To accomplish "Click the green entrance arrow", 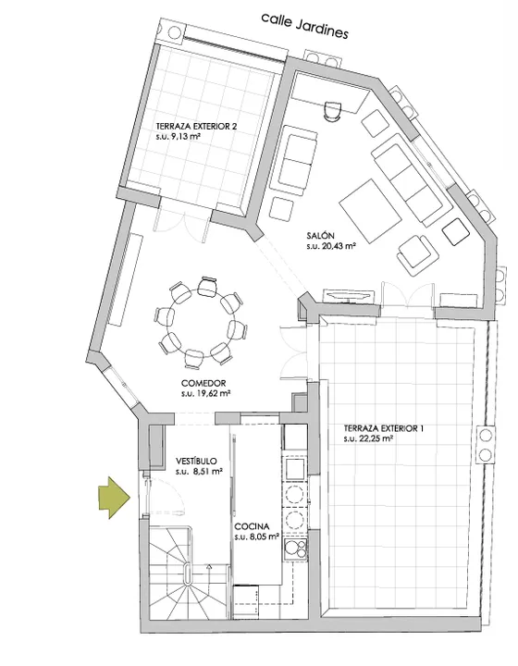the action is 114,498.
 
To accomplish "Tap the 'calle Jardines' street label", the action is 304,26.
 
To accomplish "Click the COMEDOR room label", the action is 203,383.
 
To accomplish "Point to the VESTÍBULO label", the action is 196,462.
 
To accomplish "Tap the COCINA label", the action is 252,527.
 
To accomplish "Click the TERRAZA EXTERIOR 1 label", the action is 384,428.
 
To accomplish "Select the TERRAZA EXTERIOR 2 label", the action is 196,127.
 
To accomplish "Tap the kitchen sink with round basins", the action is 295,549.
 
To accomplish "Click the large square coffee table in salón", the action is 370,211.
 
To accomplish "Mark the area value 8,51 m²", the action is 200,472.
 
